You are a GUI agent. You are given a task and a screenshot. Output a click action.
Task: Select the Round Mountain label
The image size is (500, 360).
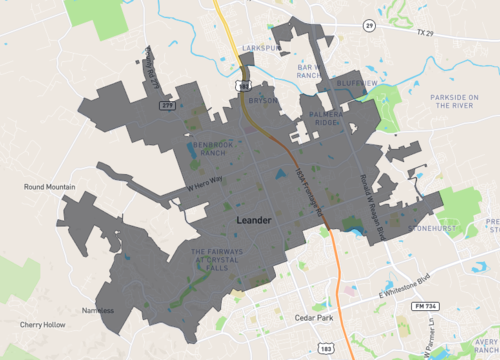click(x=51, y=186)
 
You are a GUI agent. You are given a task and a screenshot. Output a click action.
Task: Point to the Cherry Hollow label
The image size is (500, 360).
click(x=42, y=325)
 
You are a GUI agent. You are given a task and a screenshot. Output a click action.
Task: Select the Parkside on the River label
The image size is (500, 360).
click(x=461, y=102)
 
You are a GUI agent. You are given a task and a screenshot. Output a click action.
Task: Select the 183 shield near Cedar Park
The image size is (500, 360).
click(x=327, y=347)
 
